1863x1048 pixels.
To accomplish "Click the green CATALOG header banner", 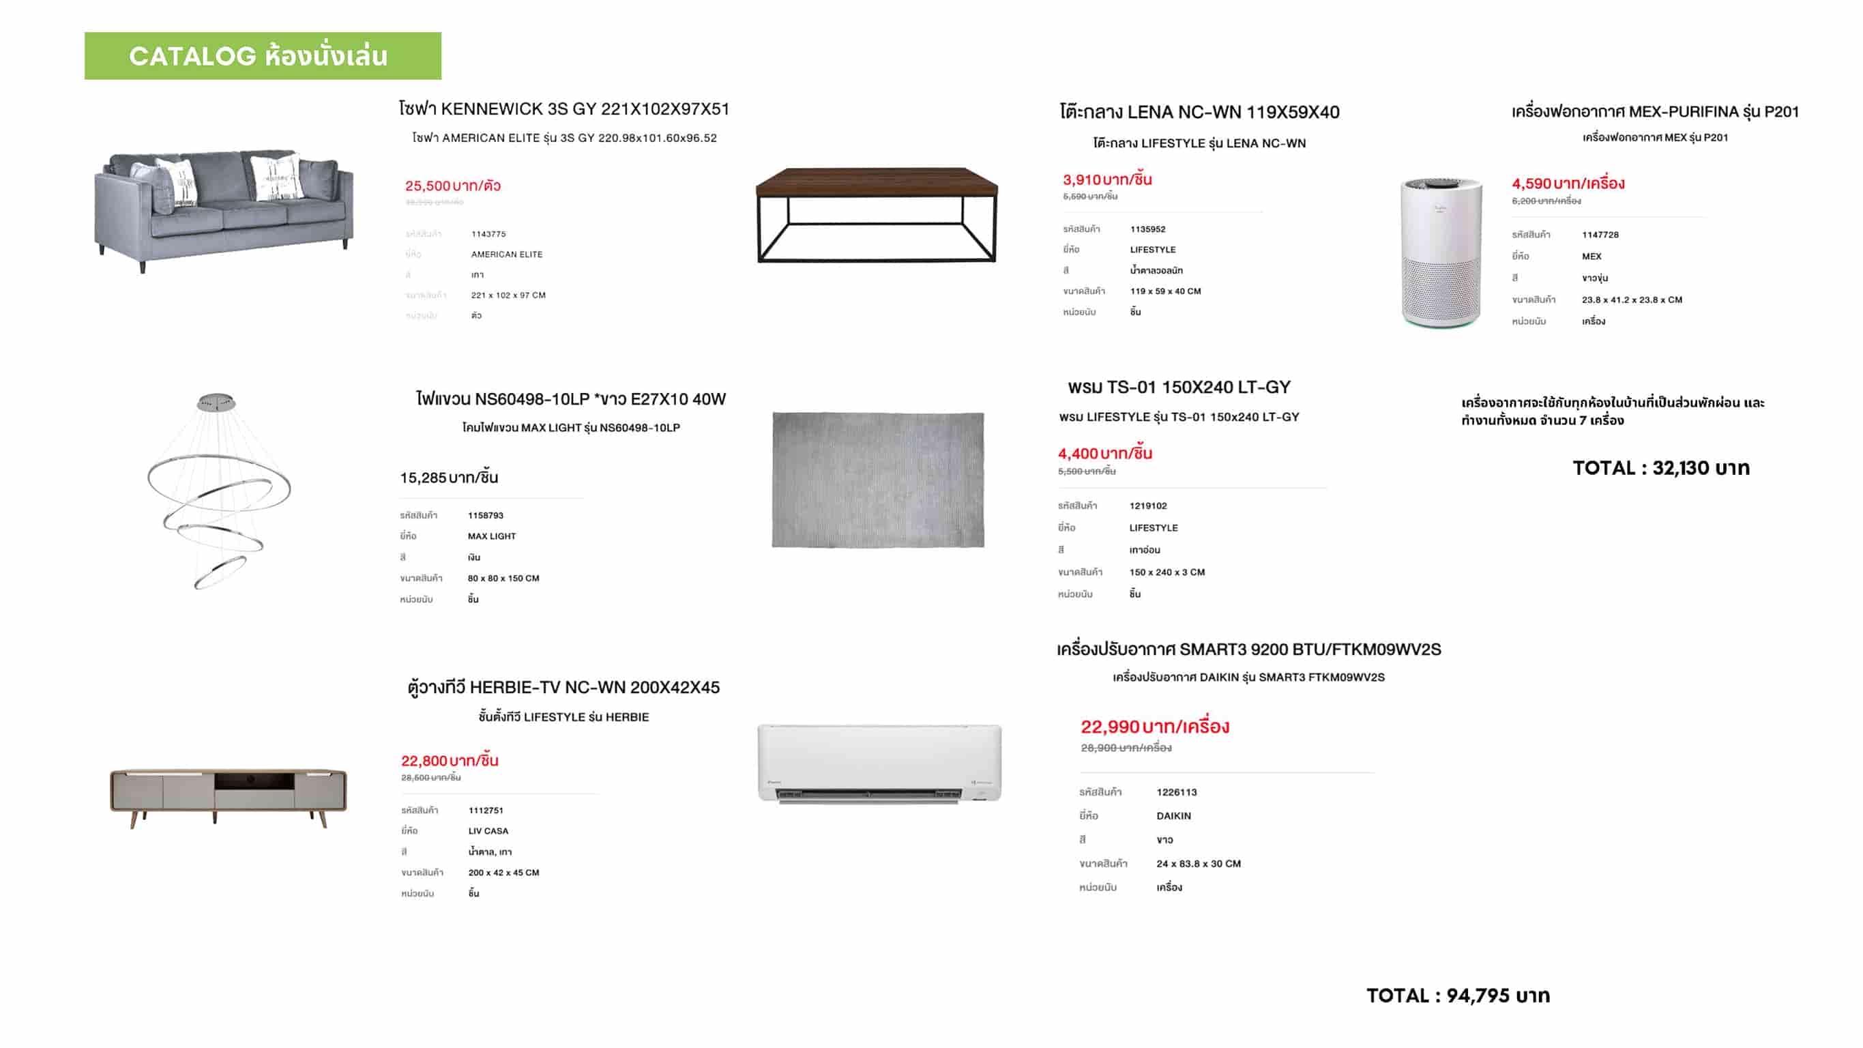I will pos(263,56).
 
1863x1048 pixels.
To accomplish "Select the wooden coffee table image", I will pos(877,214).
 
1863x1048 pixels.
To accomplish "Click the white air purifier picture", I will pos(1441,251).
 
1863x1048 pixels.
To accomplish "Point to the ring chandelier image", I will pos(218,491).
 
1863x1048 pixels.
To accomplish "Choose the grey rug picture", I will pos(878,480).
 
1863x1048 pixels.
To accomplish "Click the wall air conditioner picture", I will pos(879,763).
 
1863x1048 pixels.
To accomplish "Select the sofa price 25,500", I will pos(453,186).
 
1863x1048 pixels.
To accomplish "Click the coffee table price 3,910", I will pos(1106,179).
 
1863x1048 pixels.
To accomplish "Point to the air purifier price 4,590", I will pos(1567,184).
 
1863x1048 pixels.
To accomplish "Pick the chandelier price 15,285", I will pos(448,478).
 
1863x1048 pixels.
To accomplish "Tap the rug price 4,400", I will pos(1104,454).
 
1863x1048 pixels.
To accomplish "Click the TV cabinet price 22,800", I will pos(449,760).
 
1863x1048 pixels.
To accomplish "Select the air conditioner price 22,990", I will pos(1154,726).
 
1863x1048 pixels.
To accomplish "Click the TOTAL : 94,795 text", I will pos(1457,995).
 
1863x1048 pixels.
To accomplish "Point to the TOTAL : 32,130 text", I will pos(1660,468).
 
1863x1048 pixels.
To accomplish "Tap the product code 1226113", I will pos(1176,792).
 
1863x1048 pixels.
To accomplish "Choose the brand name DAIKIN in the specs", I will pos(1173,816).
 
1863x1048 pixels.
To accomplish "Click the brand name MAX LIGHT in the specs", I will pos(491,536).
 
